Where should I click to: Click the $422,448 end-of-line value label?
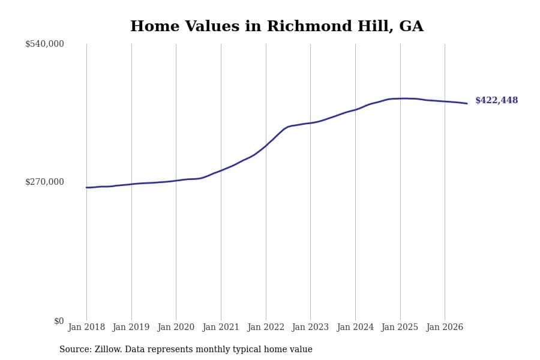click(x=496, y=100)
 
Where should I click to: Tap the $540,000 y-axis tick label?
click(x=44, y=44)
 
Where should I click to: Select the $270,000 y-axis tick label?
click(x=44, y=182)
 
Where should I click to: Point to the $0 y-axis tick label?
click(x=59, y=321)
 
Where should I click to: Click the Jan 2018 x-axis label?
click(x=86, y=327)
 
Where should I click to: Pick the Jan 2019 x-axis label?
click(x=131, y=327)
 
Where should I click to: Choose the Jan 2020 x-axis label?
click(x=176, y=327)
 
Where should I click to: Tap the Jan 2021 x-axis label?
click(x=221, y=327)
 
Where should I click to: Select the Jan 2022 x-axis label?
click(x=266, y=327)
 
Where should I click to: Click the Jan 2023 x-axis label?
click(x=310, y=327)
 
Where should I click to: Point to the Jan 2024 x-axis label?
click(x=355, y=327)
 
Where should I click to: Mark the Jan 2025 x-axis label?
click(x=400, y=327)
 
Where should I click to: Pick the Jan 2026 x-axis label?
click(x=445, y=327)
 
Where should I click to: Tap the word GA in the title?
click(x=411, y=26)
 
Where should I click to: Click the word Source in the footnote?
click(x=76, y=349)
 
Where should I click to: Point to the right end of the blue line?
click(x=467, y=103)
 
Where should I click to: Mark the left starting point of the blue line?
click(x=86, y=187)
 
